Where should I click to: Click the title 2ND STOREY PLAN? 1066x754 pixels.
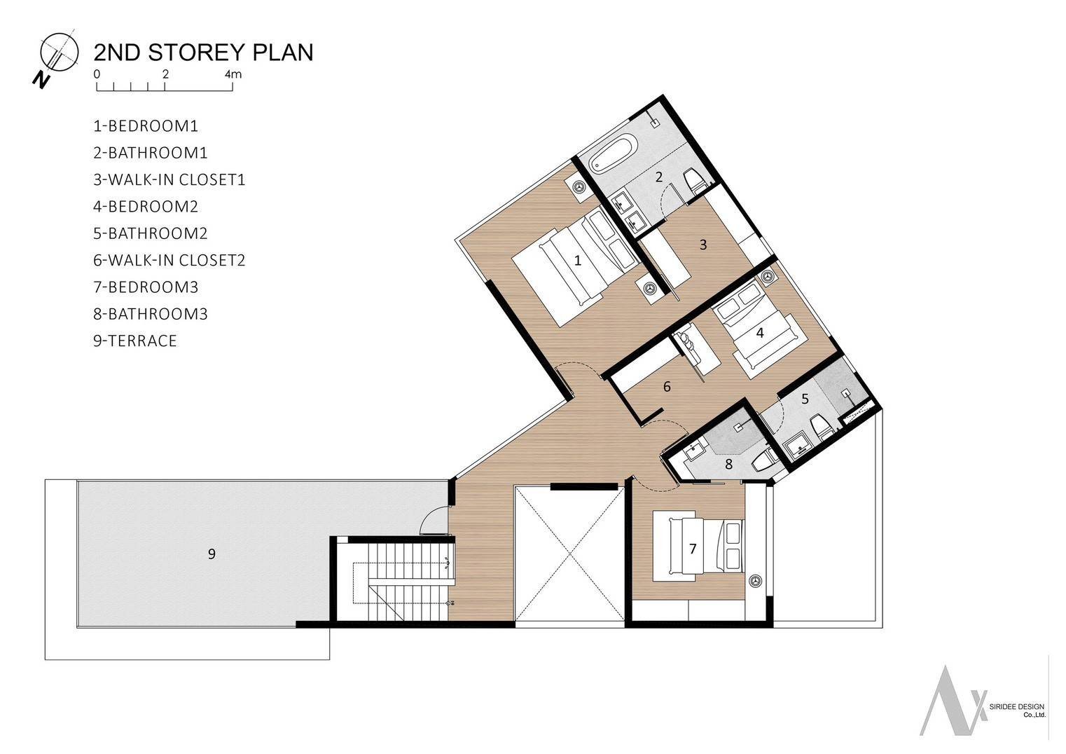203,53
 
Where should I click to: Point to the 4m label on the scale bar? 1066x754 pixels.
233,74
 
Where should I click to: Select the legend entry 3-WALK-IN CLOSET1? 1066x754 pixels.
169,179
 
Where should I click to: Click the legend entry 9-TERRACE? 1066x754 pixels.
135,341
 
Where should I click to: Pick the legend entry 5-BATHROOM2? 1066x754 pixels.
151,233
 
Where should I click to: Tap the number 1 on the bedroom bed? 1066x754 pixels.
578,261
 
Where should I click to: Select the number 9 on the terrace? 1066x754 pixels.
212,554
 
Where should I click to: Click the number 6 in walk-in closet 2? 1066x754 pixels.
667,387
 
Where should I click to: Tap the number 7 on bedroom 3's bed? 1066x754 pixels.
693,549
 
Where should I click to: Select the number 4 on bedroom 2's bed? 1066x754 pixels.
760,333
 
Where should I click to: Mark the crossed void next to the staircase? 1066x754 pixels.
569,554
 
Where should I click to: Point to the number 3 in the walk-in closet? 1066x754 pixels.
703,245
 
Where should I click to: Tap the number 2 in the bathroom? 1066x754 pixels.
658,177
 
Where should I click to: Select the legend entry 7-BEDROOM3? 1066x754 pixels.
146,287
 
